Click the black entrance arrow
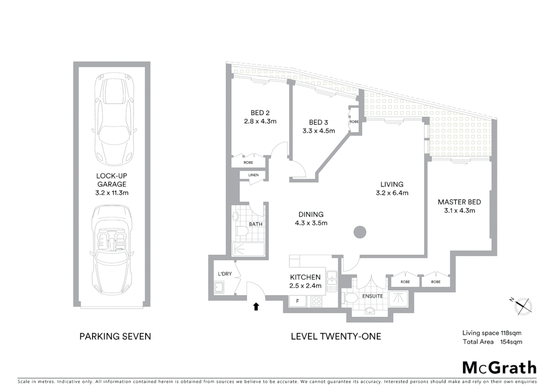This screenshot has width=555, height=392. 256,307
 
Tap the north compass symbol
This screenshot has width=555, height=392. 523,306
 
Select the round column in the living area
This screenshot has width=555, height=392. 360,232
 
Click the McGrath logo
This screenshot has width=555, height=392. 499,368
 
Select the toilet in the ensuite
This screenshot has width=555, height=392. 350,298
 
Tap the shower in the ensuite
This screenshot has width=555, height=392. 398,298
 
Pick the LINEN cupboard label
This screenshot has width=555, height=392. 254,175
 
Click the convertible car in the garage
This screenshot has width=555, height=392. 112,250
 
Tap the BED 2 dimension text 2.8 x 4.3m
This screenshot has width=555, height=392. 260,121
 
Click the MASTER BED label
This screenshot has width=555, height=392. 459,202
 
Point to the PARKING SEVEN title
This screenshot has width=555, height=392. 115,336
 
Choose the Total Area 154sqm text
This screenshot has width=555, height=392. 492,342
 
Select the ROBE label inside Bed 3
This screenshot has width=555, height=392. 354,122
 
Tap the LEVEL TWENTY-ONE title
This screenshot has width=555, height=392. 336,336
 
